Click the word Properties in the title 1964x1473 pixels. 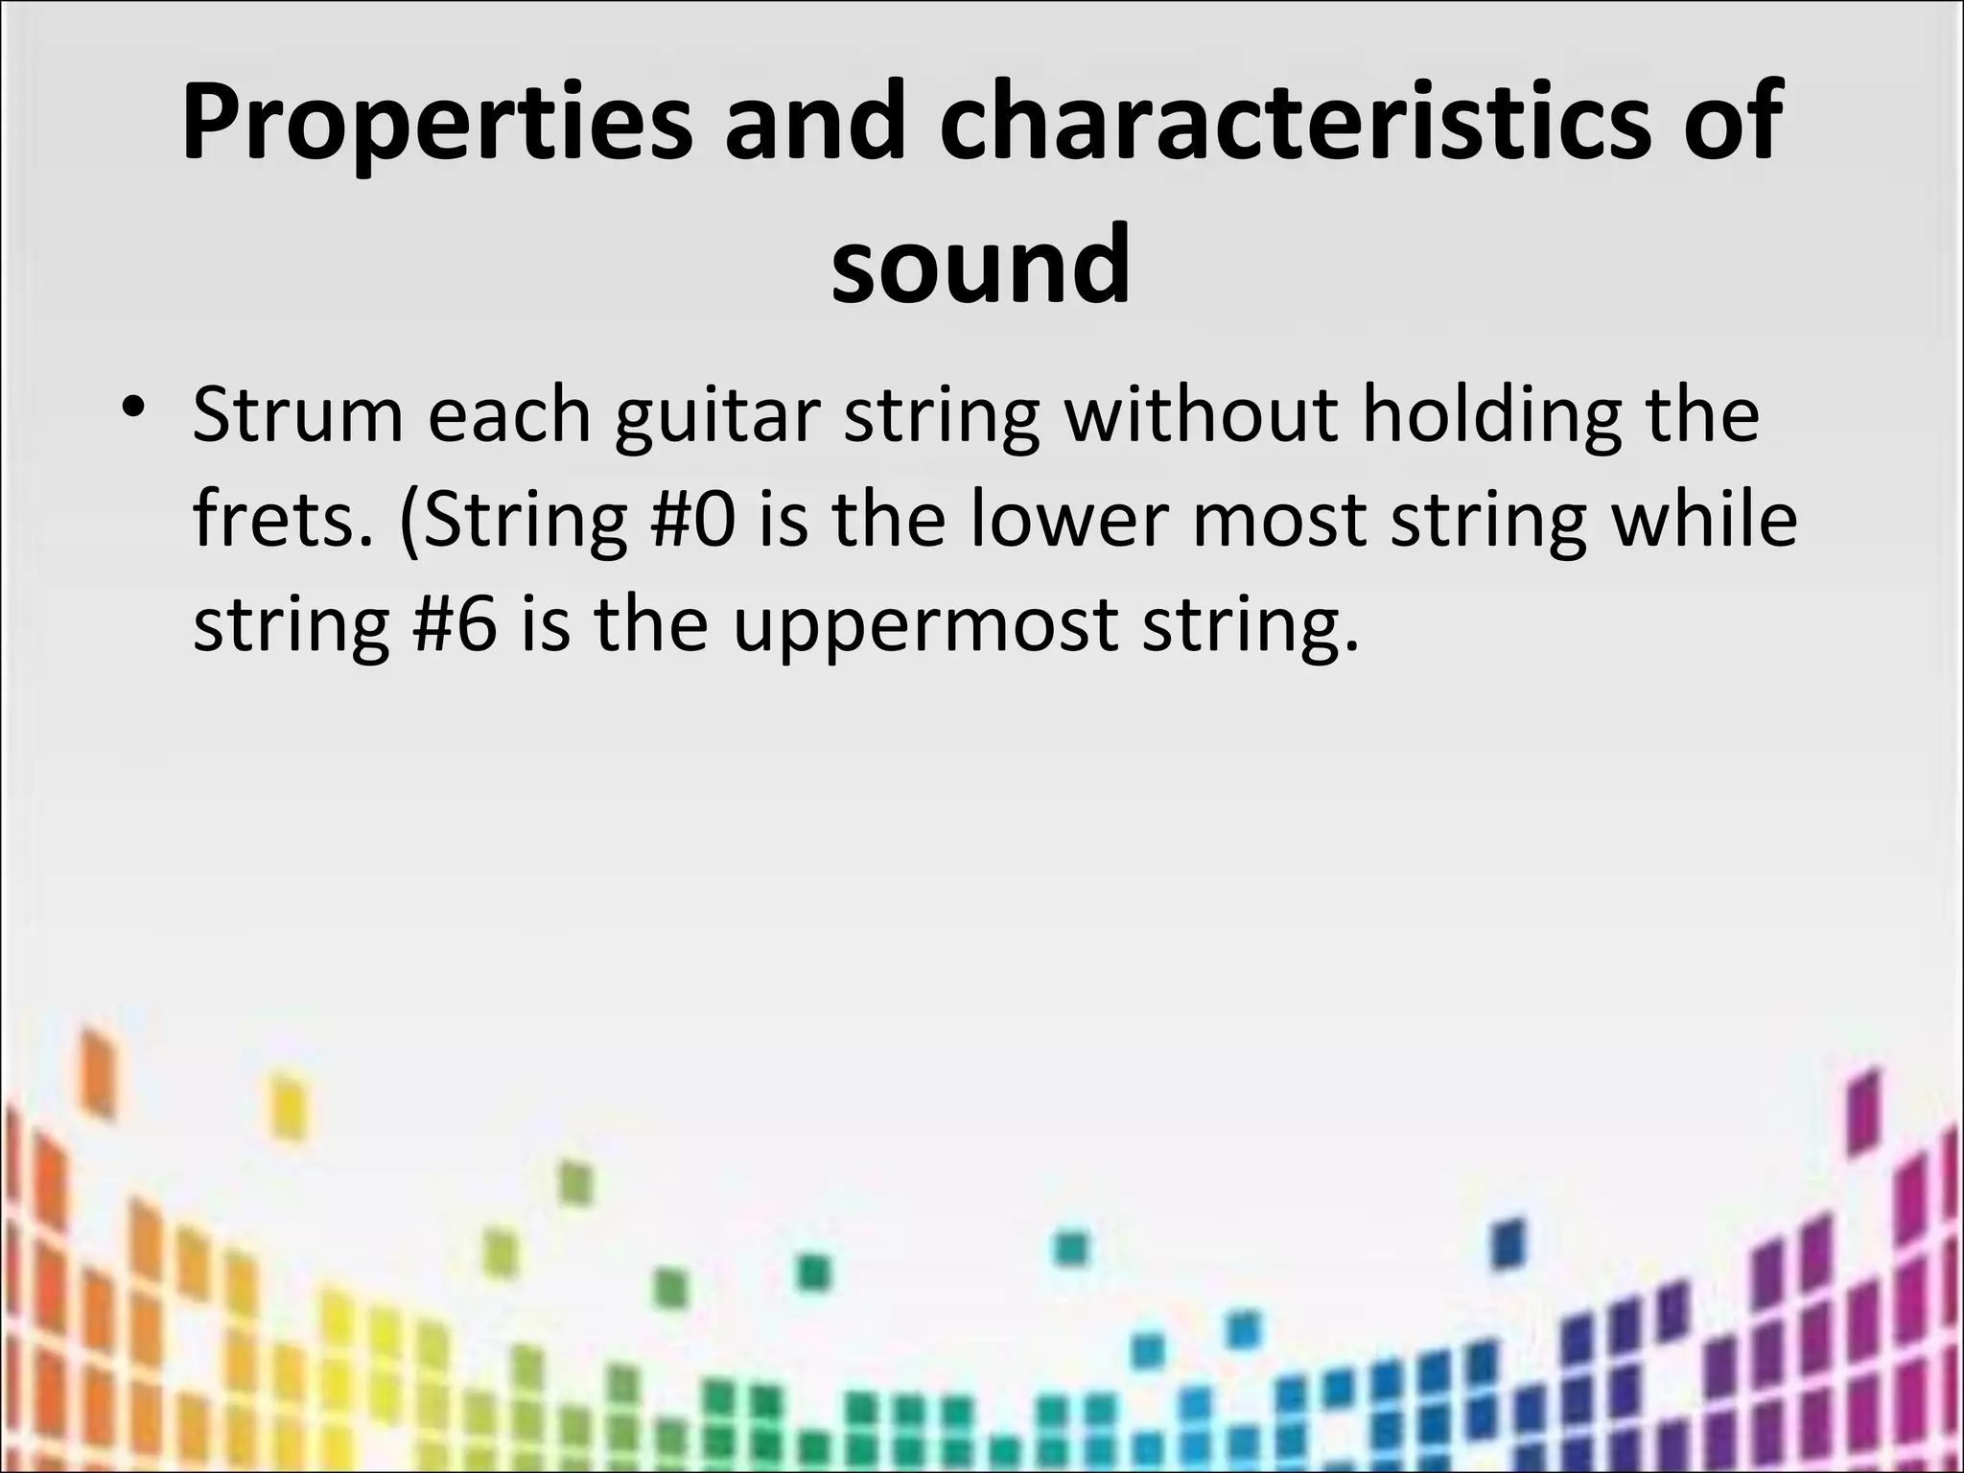coord(436,125)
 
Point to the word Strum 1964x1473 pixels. coord(298,414)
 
